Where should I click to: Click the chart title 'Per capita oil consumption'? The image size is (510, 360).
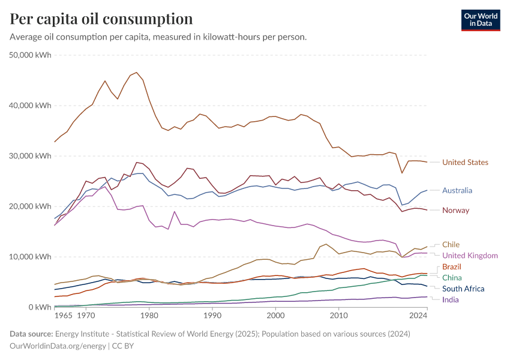click(x=101, y=19)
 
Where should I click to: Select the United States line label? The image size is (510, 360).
click(x=465, y=162)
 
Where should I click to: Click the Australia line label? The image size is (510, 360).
click(x=457, y=191)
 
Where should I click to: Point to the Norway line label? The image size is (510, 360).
click(x=455, y=210)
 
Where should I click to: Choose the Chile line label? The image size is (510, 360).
click(x=451, y=244)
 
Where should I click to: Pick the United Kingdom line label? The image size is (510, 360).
click(x=470, y=256)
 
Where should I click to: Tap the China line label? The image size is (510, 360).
click(x=452, y=277)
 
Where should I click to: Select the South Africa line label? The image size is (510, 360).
click(x=463, y=289)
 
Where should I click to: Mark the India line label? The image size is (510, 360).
click(x=451, y=299)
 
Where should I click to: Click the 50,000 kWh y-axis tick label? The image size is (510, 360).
click(x=31, y=55)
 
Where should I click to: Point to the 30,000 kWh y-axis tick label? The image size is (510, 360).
click(x=31, y=156)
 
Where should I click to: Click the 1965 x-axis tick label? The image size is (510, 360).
click(x=64, y=315)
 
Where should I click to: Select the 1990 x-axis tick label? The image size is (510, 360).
click(x=212, y=315)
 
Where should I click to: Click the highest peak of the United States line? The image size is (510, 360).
click(x=136, y=73)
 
